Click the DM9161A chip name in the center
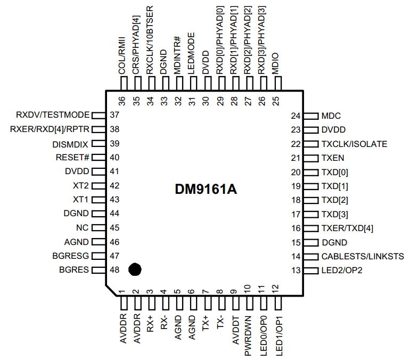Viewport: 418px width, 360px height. [206, 190]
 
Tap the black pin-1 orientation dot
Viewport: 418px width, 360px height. [135, 269]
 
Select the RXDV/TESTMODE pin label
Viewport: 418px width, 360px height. [53, 114]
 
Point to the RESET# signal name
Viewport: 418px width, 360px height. [72, 157]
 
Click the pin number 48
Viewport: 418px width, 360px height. [114, 269]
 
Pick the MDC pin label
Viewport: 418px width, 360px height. [331, 116]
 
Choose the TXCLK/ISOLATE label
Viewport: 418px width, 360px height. [354, 144]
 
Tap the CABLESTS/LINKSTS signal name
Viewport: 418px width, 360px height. [363, 256]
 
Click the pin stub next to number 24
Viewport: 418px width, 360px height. [311, 116]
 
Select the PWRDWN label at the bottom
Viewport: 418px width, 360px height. [248, 336]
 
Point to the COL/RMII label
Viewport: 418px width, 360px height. [122, 56]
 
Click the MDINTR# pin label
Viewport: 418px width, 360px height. [177, 55]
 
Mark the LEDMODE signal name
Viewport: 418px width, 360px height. [191, 53]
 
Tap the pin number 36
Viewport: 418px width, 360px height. [122, 101]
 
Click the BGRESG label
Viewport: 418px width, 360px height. [71, 256]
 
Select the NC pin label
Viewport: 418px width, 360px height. [82, 228]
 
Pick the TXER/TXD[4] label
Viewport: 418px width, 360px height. [347, 228]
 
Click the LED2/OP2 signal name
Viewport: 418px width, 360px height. [342, 270]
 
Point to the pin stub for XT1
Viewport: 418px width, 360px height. [99, 200]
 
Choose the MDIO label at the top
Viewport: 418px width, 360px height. [275, 63]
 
